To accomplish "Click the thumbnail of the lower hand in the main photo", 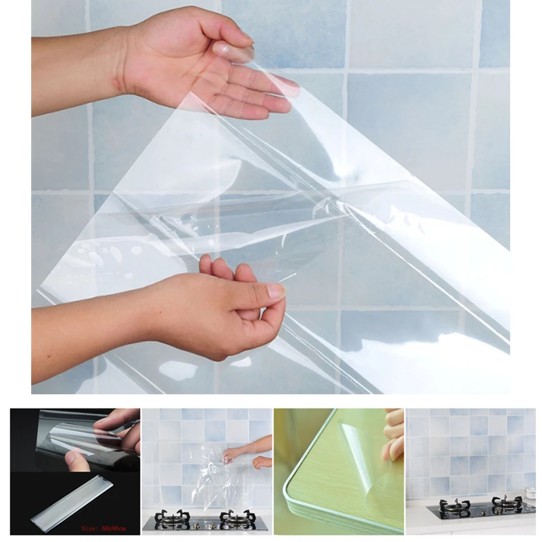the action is tap(276, 291).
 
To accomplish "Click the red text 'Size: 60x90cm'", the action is tap(104, 528).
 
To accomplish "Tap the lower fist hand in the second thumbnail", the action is tap(263, 462).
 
